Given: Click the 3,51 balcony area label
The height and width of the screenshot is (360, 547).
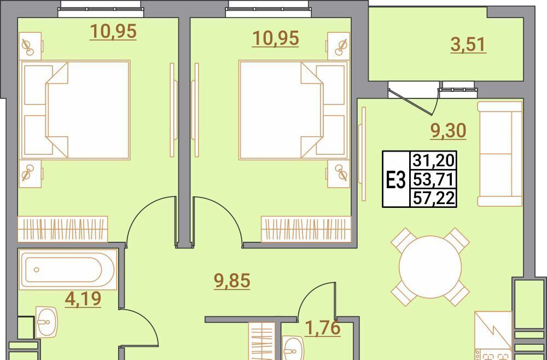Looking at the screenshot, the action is pos(468,45).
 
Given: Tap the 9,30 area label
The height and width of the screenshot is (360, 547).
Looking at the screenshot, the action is pos(449,131).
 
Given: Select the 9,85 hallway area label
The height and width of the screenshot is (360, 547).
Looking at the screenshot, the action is pos(232,281).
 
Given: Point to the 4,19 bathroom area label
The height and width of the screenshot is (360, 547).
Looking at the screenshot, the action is pos(83,299).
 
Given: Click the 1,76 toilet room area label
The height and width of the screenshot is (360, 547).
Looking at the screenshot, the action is pos(322,328).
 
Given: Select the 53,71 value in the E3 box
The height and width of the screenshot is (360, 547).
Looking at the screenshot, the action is pos(434,180).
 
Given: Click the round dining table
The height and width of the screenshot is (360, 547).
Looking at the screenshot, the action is pos(430,267).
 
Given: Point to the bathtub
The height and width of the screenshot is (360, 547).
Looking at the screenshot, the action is pos(68,269).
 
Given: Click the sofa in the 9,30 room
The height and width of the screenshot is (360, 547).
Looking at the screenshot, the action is pos(499,154).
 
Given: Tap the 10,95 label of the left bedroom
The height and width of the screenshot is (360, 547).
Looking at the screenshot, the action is pos(113,32).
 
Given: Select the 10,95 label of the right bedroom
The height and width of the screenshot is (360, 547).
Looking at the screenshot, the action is pos(276,38).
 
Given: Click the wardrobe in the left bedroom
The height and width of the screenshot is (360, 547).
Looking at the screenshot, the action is pos(63,229).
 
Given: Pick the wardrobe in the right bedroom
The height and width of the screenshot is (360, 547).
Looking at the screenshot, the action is pos(306,229).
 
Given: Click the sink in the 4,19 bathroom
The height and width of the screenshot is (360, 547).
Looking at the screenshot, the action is pos(46,322).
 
